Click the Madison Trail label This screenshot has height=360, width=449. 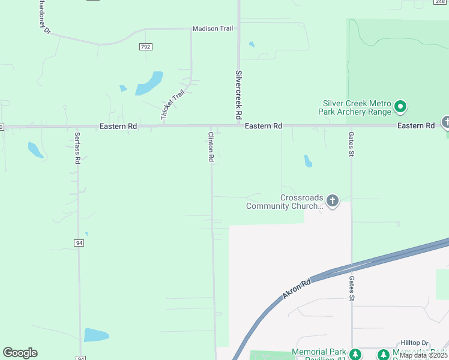tap(212, 29)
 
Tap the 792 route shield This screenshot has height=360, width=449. tap(146, 46)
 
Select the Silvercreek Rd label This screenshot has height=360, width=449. tap(238, 94)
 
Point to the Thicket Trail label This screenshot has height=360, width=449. tap(173, 106)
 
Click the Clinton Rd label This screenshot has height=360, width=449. tap(211, 147)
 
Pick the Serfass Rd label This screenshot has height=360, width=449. tap(77, 148)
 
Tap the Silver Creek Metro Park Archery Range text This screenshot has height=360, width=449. tap(357, 107)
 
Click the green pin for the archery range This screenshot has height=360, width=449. tap(401, 108)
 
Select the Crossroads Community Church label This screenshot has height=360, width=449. tap(285, 202)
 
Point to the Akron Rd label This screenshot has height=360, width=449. tap(297, 289)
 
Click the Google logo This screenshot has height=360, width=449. tap(20, 352)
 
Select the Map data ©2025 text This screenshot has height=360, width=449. tap(424, 355)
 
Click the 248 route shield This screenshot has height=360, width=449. tap(443, 1)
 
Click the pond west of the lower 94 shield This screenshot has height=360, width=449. tap(96, 335)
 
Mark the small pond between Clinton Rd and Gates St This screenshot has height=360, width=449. tap(308, 161)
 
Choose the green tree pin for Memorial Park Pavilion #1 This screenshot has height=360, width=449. tap(355, 355)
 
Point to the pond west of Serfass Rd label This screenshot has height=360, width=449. tap(35, 150)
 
